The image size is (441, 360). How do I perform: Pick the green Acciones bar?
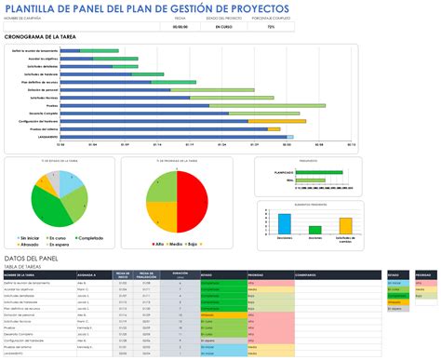point(315,226)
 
